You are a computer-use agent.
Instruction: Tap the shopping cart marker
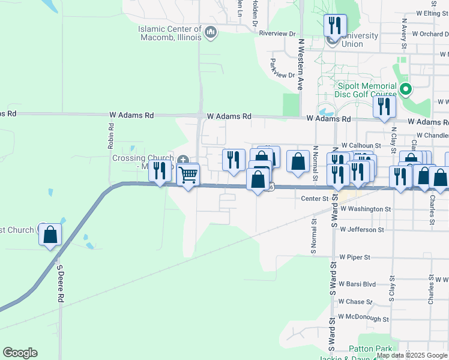[188, 175]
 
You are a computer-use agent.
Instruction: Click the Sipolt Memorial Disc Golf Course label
[366, 90]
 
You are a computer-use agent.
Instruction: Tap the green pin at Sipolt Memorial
[406, 90]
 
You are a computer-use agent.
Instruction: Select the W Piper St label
[354, 257]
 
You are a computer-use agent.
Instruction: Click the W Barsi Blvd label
[357, 284]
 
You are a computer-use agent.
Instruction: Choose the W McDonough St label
[364, 317]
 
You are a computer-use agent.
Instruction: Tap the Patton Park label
[371, 349]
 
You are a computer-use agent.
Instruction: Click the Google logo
[20, 353]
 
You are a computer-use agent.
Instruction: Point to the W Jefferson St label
[361, 229]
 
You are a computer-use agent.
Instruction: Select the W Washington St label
[365, 209]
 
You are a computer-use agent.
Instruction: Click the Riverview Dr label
[277, 34]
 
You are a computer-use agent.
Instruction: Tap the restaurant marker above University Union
[334, 25]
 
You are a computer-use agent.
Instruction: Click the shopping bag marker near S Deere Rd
[50, 235]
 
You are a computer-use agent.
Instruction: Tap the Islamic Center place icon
[210, 31]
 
